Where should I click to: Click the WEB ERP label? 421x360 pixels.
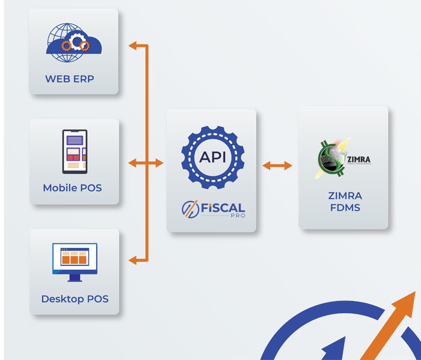69,79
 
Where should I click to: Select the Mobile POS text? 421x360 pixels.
72,188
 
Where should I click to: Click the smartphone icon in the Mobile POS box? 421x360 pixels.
75,152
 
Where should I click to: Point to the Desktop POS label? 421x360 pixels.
75,299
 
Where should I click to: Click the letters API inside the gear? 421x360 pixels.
212,157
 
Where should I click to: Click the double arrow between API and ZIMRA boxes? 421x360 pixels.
277,164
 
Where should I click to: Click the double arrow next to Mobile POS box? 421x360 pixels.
146,163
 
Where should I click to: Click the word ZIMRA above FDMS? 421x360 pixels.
343,196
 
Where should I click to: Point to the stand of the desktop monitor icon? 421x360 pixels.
75,278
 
